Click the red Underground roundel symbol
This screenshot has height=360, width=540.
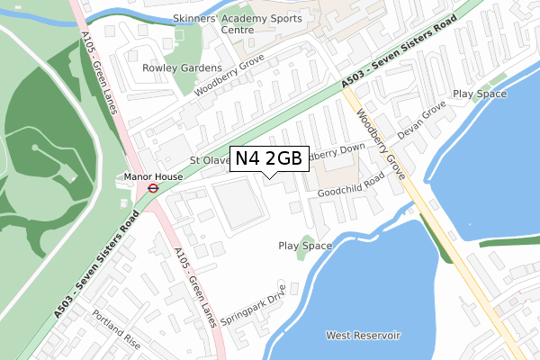click(153, 189)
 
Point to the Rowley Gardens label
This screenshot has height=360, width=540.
click(182, 67)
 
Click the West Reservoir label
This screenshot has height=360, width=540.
click(363, 336)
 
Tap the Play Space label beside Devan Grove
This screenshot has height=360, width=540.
click(479, 94)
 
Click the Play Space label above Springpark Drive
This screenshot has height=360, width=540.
click(305, 245)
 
